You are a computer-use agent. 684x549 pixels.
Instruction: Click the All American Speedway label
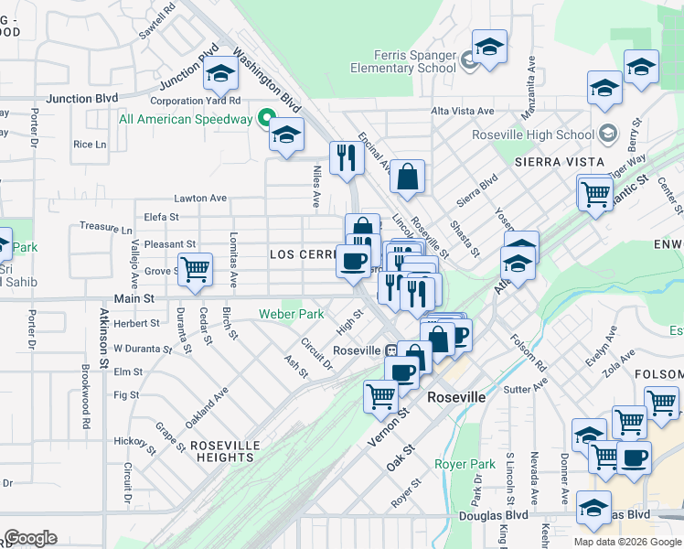[186, 119]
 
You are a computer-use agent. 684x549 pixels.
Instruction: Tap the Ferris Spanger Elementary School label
[403, 61]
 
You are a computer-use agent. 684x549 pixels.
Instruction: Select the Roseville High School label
[533, 135]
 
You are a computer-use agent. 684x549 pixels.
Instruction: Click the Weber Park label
[292, 314]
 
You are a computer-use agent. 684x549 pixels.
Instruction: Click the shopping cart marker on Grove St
[195, 270]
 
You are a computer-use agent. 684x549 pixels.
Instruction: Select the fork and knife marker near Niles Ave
[347, 157]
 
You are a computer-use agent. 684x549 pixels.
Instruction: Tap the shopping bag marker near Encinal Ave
[407, 176]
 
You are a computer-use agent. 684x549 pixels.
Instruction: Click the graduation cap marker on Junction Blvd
[220, 74]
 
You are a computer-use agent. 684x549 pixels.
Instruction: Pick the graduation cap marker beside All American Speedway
[286, 135]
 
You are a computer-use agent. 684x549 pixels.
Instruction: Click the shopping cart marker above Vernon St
[380, 396]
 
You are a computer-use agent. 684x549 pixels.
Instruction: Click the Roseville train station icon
[390, 350]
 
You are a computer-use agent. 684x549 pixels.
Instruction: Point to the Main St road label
[134, 298]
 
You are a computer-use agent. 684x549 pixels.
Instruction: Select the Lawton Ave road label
[200, 198]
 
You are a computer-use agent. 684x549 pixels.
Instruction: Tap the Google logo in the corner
[31, 538]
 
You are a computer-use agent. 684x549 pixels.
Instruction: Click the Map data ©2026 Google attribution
[626, 542]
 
